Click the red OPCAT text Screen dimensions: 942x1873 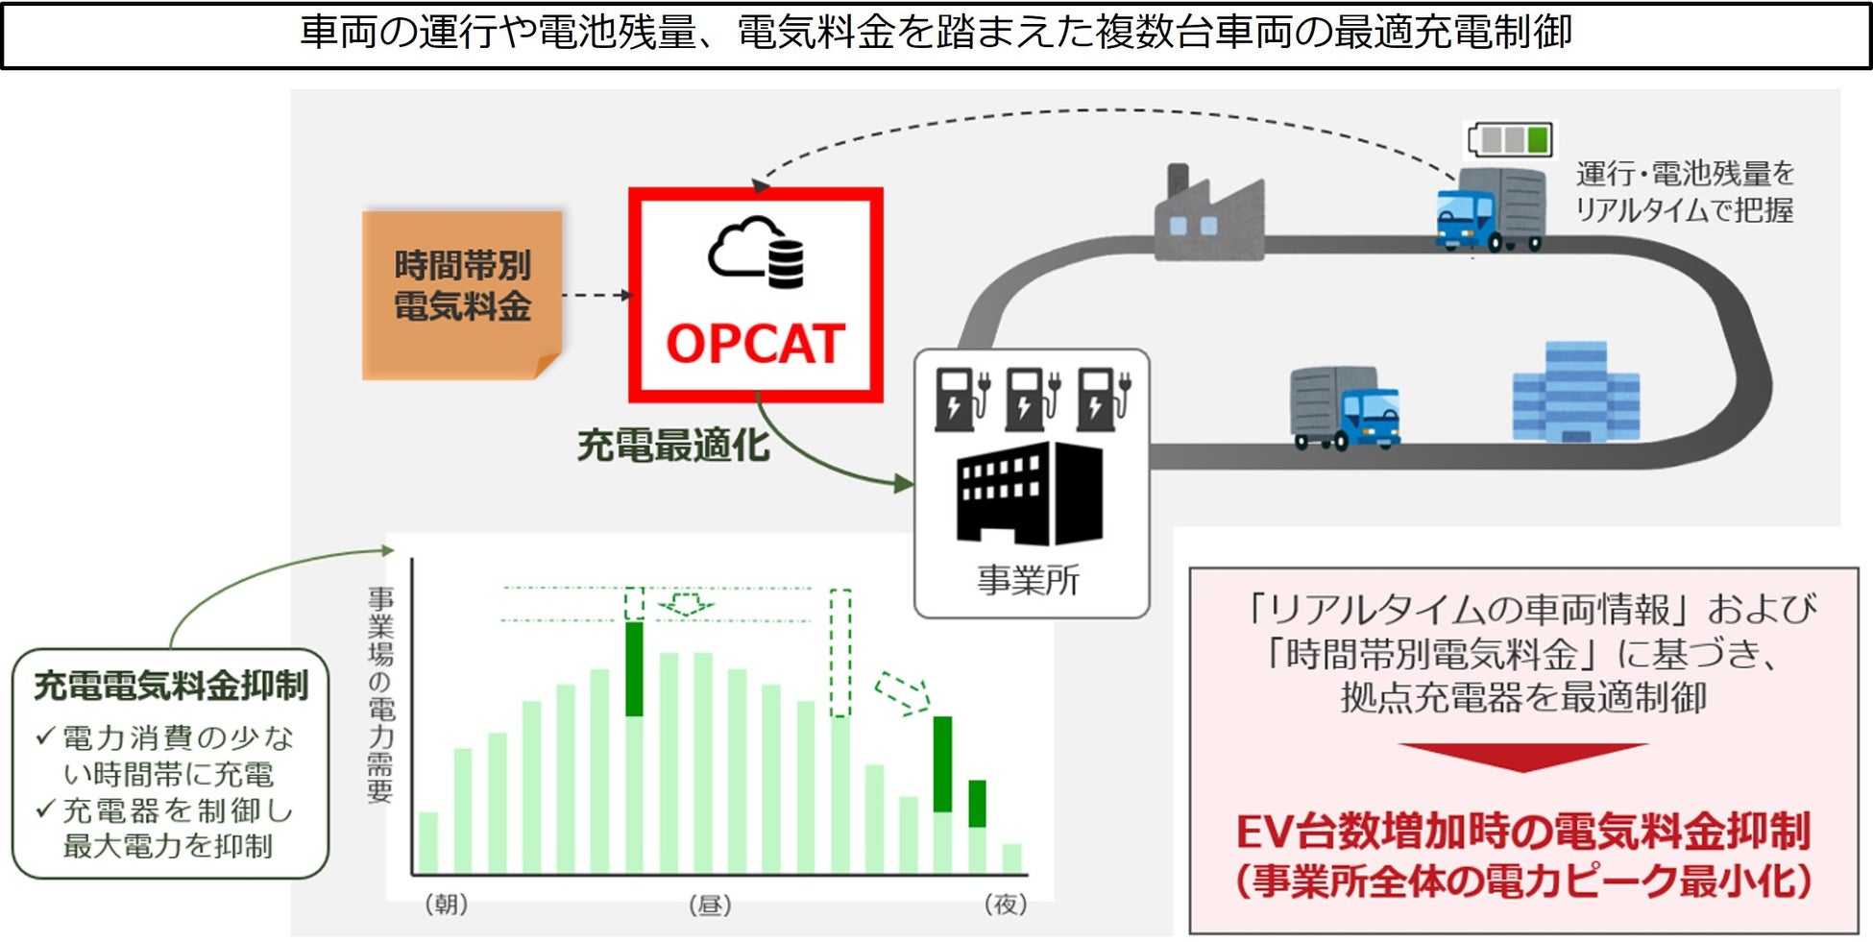(755, 344)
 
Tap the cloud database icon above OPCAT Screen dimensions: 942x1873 (757, 252)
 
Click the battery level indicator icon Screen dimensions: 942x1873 (1510, 139)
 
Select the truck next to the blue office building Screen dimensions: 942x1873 (1344, 407)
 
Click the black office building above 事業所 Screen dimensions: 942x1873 (1030, 493)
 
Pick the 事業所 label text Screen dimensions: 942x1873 (1028, 580)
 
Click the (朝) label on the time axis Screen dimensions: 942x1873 (446, 904)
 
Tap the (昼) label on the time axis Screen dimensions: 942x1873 (710, 905)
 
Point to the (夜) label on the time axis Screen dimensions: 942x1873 (1006, 904)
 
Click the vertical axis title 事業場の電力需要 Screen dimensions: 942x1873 (380, 693)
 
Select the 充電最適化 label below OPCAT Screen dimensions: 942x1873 (673, 446)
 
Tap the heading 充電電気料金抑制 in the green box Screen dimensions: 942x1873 (171, 686)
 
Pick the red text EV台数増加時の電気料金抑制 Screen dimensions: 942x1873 (1522, 832)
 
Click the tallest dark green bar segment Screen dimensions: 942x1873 (634, 668)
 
